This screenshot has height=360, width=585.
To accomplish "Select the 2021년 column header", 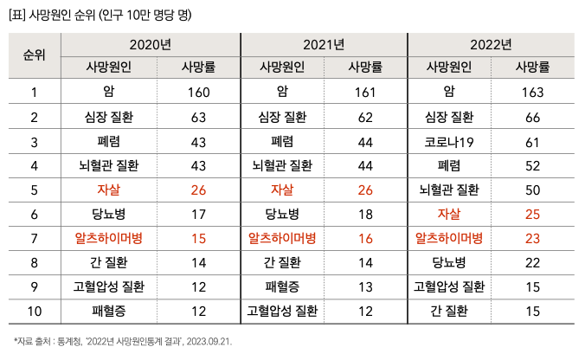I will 325,44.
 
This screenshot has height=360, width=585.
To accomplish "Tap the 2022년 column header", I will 491,44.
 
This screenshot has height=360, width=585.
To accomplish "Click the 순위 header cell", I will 34,55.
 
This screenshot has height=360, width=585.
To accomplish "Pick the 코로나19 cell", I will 449,141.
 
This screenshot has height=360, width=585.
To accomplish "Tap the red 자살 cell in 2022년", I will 449,214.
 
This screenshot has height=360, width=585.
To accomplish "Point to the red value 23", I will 532,238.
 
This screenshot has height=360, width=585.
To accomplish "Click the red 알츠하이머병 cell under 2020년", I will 108,238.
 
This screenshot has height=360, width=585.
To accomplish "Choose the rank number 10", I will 34,311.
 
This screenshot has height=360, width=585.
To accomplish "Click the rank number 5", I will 34,190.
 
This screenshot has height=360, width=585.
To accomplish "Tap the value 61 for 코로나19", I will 532,141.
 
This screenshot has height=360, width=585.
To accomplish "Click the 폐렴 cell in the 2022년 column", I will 449,165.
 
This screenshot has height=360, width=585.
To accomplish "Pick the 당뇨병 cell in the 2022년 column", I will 449,262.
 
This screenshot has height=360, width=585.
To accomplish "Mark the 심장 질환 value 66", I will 532,117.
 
